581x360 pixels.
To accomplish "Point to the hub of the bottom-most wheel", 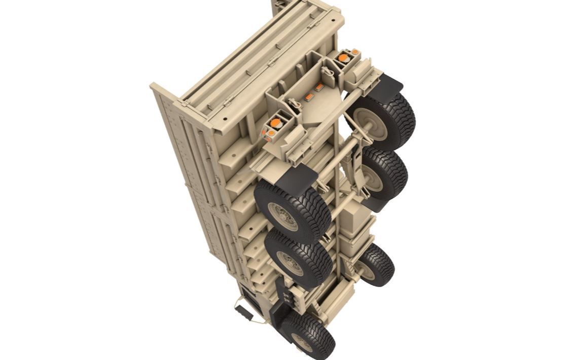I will pyautogui.click(x=303, y=343).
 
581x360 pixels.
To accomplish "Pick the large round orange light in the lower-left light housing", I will pyautogui.click(x=274, y=123).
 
